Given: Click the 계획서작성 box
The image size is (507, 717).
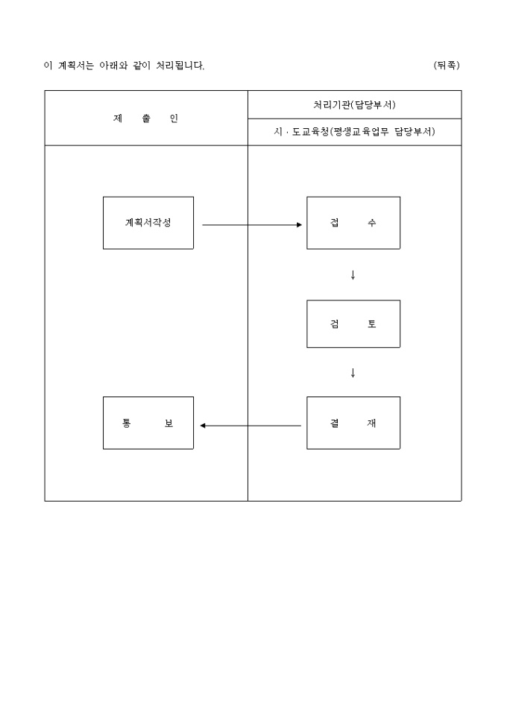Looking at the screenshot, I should [148, 223].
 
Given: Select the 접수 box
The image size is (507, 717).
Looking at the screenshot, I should [353, 223].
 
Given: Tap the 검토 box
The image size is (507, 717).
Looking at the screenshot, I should [353, 324].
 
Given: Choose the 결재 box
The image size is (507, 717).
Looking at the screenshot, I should [353, 423].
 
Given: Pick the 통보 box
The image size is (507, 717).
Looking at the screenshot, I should [148, 423].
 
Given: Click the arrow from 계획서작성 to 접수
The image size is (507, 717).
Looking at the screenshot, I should [251, 224].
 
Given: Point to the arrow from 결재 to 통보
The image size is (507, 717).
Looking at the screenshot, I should [251, 426].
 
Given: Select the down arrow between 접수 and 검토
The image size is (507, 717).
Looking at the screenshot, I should [353, 275].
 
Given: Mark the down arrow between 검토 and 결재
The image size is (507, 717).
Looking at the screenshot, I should [353, 373].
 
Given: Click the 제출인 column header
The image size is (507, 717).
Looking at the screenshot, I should [146, 119].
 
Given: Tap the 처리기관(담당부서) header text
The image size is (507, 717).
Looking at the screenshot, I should [354, 104].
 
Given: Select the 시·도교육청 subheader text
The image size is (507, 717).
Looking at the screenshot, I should [354, 132].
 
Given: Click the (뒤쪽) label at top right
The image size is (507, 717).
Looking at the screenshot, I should [447, 66].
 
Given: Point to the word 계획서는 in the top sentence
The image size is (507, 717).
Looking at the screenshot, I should [76, 66].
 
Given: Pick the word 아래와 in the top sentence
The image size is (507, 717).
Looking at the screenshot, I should [114, 66].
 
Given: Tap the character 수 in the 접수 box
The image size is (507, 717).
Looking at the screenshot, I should [372, 223].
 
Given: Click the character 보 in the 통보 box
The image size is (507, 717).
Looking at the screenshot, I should [169, 423].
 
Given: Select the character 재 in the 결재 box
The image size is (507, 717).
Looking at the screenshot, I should [372, 423].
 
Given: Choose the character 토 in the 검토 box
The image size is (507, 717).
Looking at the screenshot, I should [372, 324].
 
